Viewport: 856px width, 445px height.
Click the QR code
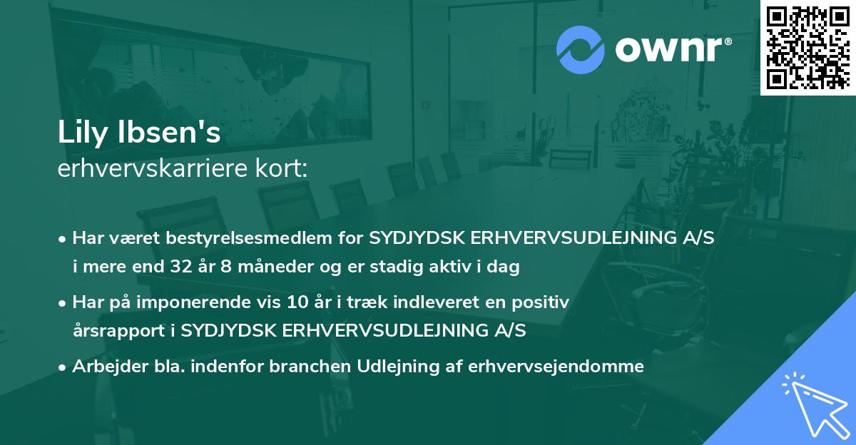807,47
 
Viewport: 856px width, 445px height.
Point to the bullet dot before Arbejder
63,367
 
